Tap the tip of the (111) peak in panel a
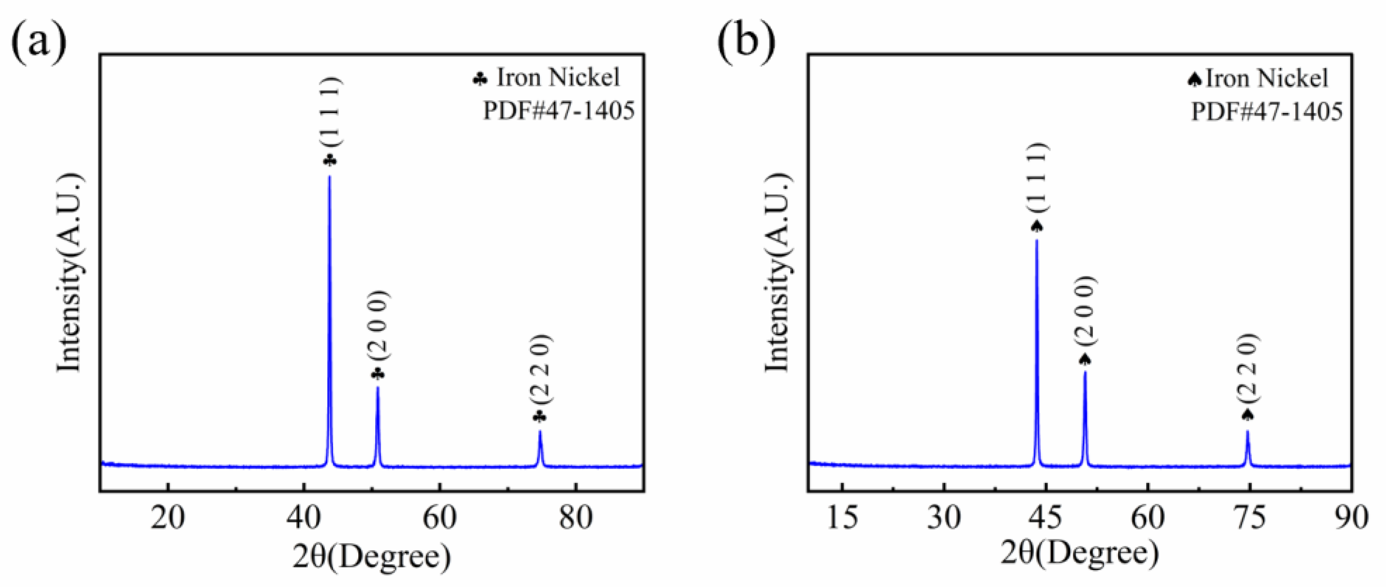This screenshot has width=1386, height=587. click(329, 176)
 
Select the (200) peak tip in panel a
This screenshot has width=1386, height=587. click(378, 387)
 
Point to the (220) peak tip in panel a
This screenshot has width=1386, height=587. click(540, 431)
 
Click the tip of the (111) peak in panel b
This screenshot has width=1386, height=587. click(1037, 240)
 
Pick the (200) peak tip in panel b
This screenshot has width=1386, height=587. click(1085, 371)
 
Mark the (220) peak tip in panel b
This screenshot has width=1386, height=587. click(1248, 431)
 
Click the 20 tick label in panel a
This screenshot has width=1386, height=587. click(168, 518)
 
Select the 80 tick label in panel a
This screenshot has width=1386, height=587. click(576, 518)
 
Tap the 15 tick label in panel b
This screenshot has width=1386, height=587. click(842, 518)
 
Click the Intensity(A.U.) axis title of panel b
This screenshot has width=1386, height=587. click(777, 273)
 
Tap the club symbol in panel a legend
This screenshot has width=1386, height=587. click(480, 80)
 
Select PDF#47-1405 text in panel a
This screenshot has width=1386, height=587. click(559, 111)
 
